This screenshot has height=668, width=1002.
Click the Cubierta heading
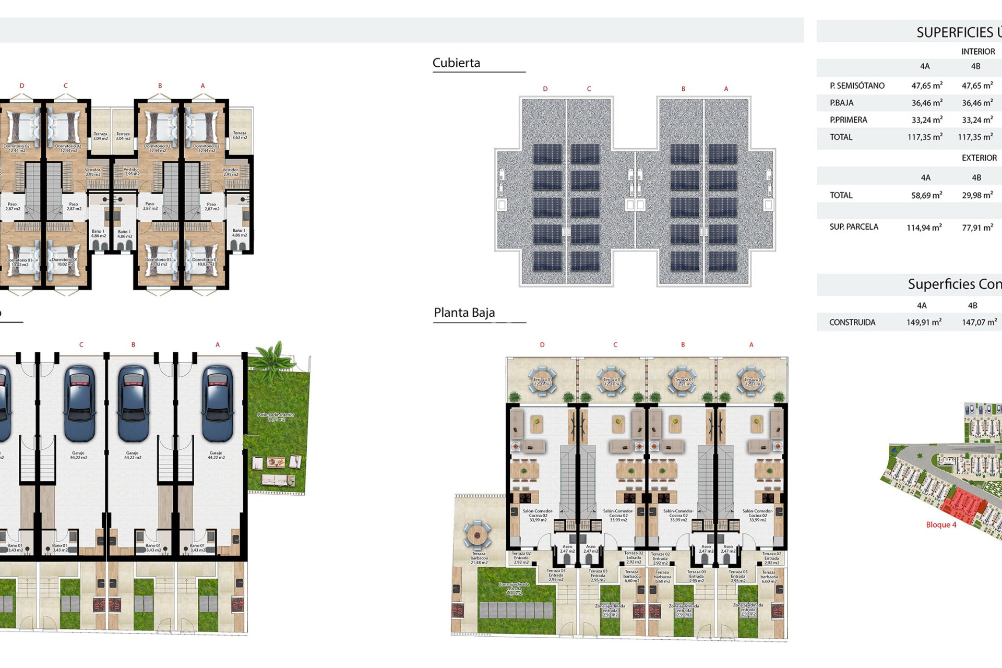(456, 63)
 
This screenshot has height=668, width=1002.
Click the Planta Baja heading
(464, 313)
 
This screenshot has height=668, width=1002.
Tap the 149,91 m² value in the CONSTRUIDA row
(924, 322)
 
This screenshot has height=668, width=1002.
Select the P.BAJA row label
(841, 103)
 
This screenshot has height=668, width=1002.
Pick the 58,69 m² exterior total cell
(926, 195)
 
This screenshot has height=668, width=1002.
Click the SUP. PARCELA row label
(853, 227)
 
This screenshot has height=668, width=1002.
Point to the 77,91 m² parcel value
(977, 228)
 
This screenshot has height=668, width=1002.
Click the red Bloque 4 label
(941, 524)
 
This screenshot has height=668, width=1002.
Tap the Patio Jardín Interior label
(276, 417)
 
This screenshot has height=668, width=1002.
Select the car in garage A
(217, 403)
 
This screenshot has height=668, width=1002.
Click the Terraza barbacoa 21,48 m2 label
(479, 558)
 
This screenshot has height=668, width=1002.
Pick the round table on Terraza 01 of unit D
(542, 381)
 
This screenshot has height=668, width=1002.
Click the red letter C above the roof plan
(589, 89)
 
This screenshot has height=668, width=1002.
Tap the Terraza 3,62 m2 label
(240, 135)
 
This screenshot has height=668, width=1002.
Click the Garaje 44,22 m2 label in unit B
(132, 455)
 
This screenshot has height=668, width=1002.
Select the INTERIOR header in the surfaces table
(977, 52)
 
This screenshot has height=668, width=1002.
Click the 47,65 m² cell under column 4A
(926, 86)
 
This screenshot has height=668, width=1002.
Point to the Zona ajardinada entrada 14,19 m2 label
(514, 589)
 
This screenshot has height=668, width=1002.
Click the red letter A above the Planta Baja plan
(751, 345)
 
